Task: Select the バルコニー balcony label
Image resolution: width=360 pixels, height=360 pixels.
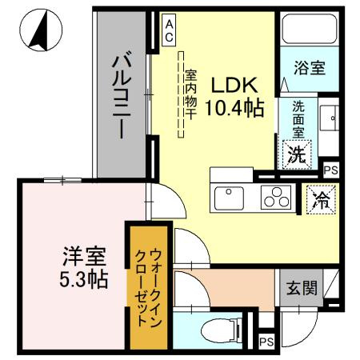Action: (x=122, y=94)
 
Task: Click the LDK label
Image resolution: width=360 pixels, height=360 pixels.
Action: (x=233, y=85)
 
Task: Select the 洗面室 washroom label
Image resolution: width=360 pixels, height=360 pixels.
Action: (x=297, y=118)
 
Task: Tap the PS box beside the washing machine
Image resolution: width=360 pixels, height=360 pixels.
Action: (x=330, y=170)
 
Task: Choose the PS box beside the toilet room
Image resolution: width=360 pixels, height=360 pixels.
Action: (x=266, y=342)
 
